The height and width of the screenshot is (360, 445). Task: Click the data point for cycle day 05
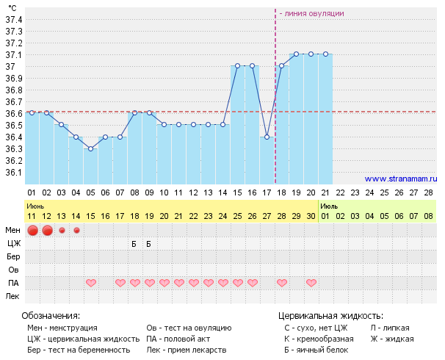click(91, 148)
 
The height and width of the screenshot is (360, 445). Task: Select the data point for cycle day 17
click(267, 137)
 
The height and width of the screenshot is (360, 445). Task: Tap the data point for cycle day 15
click(238, 66)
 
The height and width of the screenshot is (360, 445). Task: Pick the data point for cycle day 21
click(326, 54)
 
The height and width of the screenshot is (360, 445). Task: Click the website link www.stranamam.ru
click(401, 179)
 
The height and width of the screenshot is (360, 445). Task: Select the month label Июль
click(329, 207)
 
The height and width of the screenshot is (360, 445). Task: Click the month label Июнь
click(36, 207)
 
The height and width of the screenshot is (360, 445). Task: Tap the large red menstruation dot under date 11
click(32, 231)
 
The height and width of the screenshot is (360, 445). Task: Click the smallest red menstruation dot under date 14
click(76, 231)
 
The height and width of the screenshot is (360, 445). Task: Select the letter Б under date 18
click(134, 244)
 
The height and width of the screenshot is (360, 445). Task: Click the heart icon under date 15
click(91, 283)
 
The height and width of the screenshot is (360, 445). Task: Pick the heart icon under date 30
click(311, 283)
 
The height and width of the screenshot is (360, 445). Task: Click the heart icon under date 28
click(282, 283)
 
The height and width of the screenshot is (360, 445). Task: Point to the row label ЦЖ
click(14, 244)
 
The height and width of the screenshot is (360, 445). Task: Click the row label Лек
click(13, 296)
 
